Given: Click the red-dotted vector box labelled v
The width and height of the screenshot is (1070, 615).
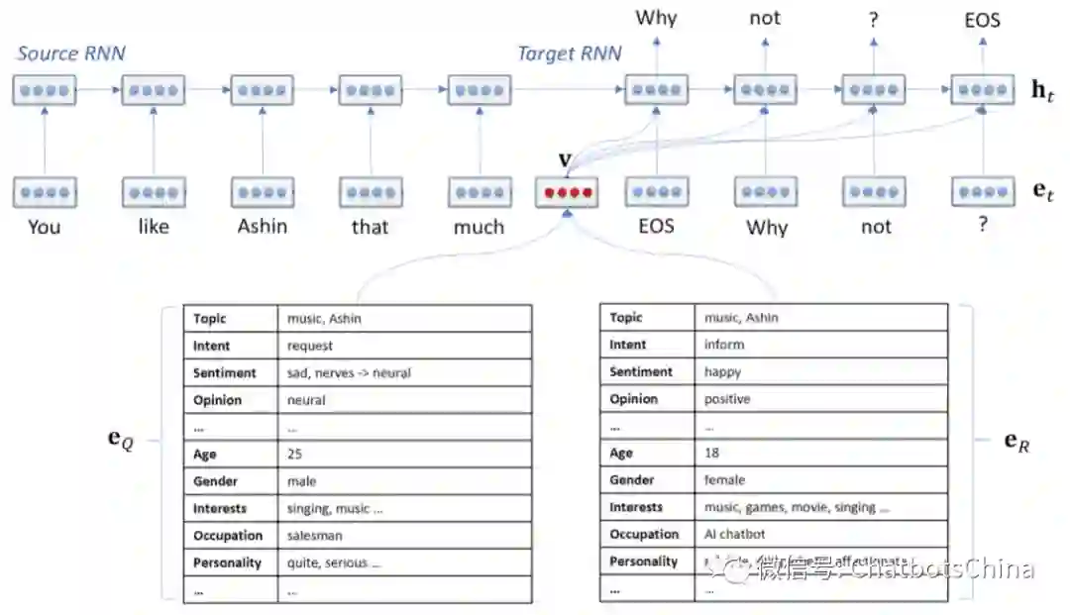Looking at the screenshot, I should coord(566,191).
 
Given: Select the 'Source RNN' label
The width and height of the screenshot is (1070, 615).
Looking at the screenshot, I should coord(71,53).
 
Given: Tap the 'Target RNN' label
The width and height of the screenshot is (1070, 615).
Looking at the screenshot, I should coord(570,53).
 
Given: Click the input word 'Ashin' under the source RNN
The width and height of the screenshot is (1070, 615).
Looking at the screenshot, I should coord(262,227).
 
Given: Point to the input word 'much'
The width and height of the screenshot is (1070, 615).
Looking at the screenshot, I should coord(479,227).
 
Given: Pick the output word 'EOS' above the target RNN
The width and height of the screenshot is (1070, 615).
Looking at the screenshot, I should coord(982,19).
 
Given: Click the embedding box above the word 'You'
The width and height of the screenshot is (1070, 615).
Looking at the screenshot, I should coord(45,191).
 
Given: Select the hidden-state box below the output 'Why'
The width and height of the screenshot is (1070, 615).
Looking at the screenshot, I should coord(656,90).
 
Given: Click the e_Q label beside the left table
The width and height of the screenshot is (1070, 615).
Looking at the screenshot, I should coord(120,439).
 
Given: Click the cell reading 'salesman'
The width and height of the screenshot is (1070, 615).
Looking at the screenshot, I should coord(314,536).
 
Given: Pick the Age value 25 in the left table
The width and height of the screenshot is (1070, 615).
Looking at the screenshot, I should coord(294,455).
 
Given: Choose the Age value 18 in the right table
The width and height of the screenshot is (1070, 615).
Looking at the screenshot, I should coord(711,453).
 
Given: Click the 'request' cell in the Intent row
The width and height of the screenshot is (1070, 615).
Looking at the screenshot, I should coord(309,347).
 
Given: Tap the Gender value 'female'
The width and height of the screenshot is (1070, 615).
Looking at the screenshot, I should coord(724,480).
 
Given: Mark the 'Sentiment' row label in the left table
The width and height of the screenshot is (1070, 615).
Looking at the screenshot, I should coord(225,373).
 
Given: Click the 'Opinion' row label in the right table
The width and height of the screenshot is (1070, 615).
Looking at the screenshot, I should coord(634,399).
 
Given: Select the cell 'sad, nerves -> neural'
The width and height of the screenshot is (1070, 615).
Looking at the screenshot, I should coord(349,373).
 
